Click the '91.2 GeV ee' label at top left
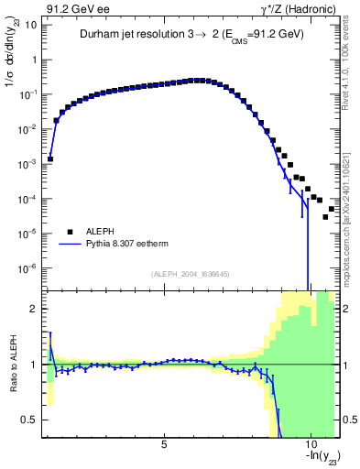click(75, 8)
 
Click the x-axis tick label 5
click(164, 444)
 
